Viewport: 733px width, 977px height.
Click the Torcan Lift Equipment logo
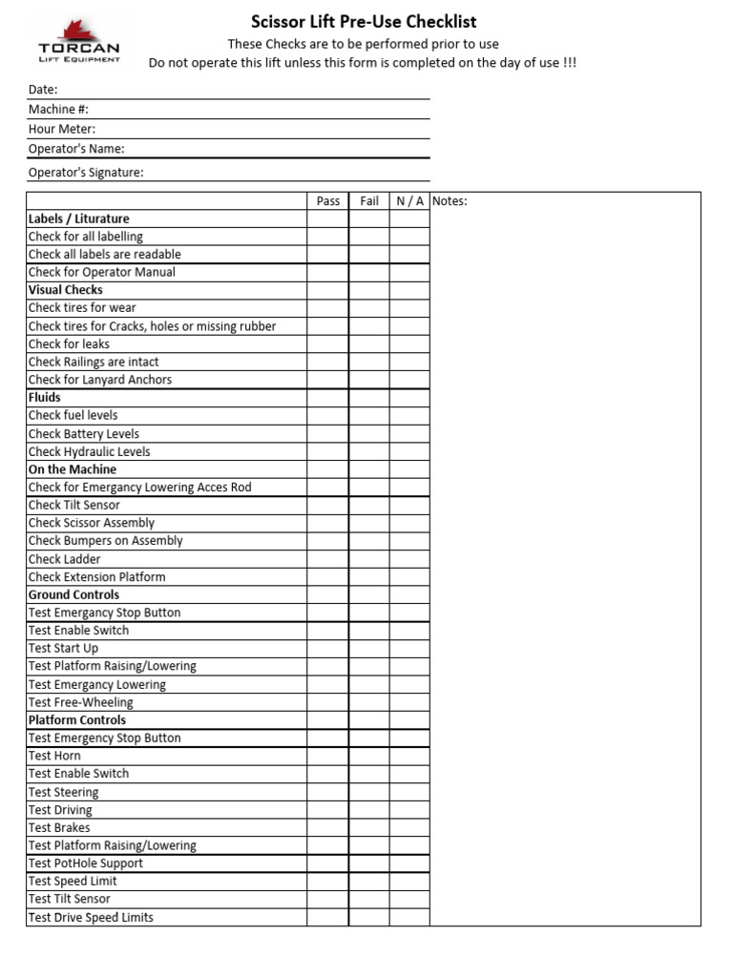pos(79,41)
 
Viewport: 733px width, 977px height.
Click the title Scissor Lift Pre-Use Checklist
pos(364,21)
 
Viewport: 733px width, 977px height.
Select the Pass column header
pos(327,201)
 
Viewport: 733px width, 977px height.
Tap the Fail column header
pos(369,201)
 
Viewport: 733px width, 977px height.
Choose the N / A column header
pos(409,201)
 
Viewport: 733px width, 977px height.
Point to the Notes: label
pos(450,201)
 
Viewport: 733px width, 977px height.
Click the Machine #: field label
pos(58,110)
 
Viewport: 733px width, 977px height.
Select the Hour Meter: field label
pos(62,129)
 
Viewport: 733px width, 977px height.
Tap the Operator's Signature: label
pos(86,173)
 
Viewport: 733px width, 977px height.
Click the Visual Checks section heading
pos(66,290)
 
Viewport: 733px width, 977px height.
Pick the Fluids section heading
pos(45,397)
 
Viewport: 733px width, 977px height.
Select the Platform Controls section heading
pos(77,720)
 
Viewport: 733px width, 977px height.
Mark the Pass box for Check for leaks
pos(327,343)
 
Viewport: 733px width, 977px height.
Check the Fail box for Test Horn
pos(369,756)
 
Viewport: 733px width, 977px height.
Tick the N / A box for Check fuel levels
pos(409,415)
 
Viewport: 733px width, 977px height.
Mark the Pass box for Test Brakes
pos(327,827)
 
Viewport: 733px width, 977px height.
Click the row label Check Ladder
pos(64,559)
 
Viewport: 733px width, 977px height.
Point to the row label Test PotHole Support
pos(86,863)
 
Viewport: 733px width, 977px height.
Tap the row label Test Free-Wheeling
pos(81,702)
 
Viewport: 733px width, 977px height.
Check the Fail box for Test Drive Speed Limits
pos(369,917)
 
